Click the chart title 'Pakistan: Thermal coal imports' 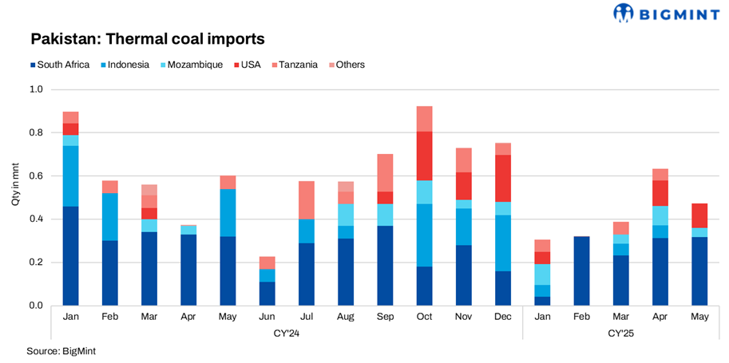(x=147, y=38)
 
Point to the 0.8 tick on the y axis (x=36, y=132)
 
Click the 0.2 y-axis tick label (x=36, y=262)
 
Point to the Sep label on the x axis (x=386, y=317)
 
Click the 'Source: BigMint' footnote (x=54, y=351)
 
